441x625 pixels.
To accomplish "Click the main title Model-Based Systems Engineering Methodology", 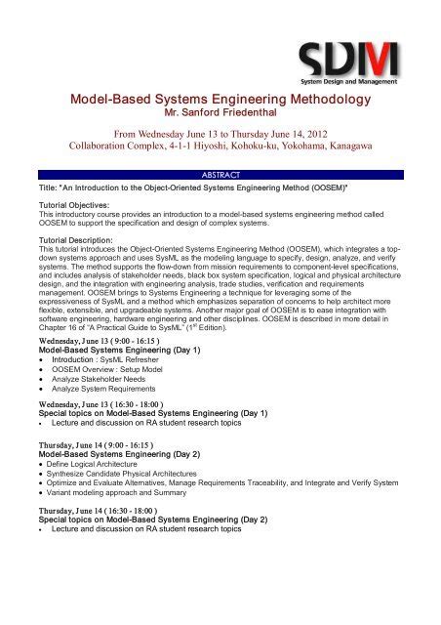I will [x=220, y=99].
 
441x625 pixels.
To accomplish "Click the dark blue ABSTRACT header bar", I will [x=220, y=174].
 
